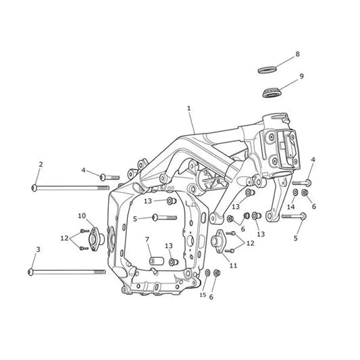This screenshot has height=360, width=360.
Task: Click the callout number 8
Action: (297, 54)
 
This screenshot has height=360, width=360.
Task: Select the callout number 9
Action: (301, 76)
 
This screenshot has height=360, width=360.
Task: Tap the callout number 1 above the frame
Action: (189, 108)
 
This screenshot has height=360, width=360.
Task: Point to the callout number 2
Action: (41, 164)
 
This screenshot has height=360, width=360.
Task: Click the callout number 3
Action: (38, 249)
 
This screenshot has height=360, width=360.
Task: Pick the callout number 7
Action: (147, 240)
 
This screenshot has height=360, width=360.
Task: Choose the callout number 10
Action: (82, 216)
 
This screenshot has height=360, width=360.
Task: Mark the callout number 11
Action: (233, 265)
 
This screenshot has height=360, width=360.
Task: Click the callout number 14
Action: (290, 207)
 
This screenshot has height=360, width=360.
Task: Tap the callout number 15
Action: (203, 294)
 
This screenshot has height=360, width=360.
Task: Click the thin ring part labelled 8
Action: (267, 70)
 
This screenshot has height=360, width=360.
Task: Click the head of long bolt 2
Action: (34, 188)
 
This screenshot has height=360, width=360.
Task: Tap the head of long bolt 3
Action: (30, 272)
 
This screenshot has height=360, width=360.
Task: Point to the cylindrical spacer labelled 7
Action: (156, 261)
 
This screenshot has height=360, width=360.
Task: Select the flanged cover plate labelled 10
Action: (95, 239)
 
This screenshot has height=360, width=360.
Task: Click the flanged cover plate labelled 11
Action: (217, 241)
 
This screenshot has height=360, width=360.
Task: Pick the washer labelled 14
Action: (295, 192)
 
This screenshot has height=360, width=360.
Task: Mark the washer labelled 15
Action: (207, 272)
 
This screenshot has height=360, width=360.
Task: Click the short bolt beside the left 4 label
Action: (109, 177)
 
